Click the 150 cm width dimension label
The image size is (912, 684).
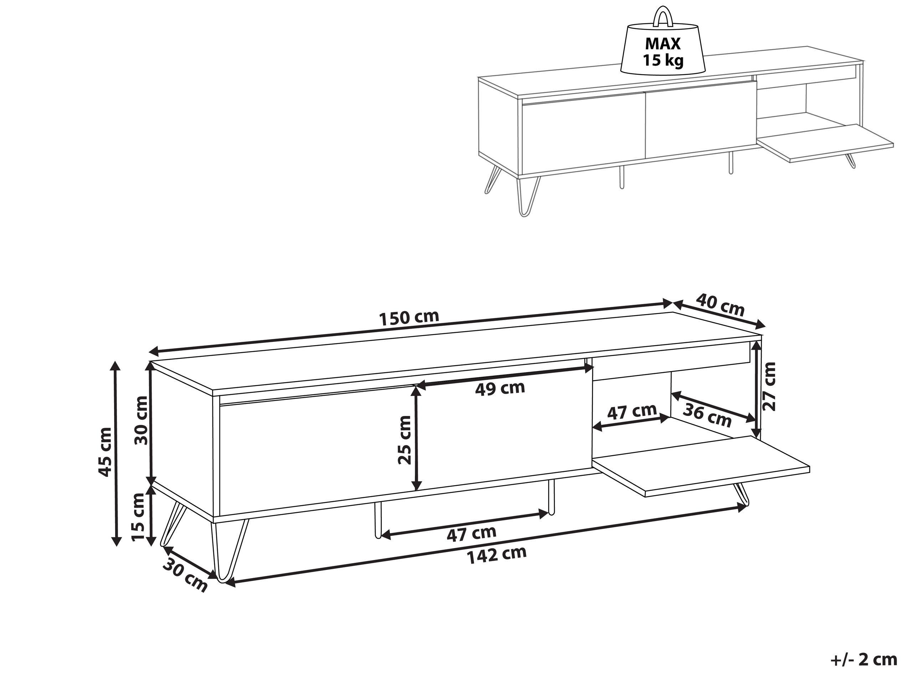[409, 318]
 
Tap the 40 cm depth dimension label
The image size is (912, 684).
[720, 304]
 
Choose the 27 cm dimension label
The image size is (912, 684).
[769, 386]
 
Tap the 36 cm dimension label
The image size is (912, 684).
[707, 415]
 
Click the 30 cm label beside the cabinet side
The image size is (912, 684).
[141, 420]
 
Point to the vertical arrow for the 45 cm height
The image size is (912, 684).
[117, 452]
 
